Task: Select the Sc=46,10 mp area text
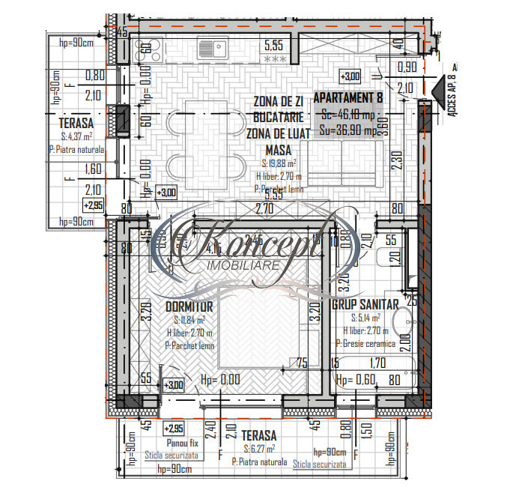click(x=347, y=115)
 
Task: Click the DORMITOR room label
click(x=189, y=306)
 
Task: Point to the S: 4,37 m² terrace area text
click(x=77, y=136)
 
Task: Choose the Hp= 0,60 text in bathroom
click(x=354, y=380)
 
